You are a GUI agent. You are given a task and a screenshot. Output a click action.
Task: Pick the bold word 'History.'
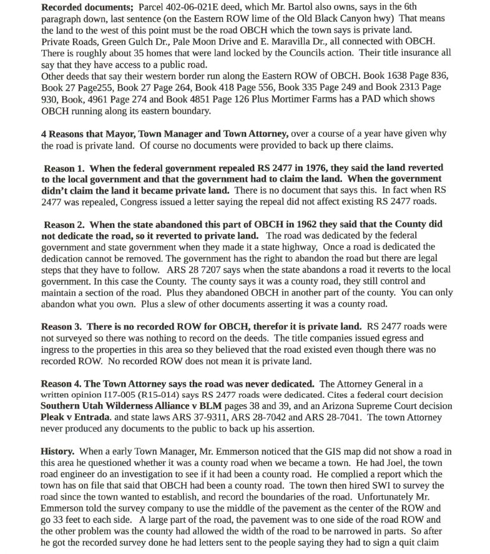tap(58, 452)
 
